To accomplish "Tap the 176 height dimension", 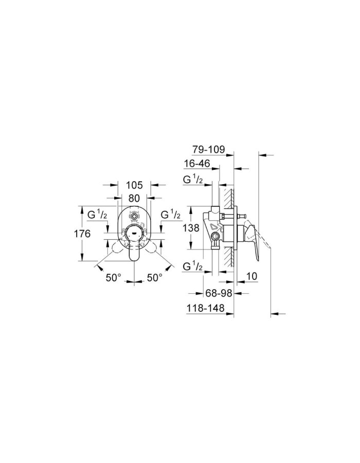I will click(82, 234).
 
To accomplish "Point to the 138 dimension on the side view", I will click(191, 227).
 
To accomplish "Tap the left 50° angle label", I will click(114, 277).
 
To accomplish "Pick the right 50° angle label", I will click(154, 277).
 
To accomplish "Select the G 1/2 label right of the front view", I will click(170, 214).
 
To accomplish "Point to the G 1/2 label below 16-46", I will click(194, 180).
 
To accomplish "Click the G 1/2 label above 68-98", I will click(194, 266).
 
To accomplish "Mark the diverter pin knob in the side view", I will click(239, 216).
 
